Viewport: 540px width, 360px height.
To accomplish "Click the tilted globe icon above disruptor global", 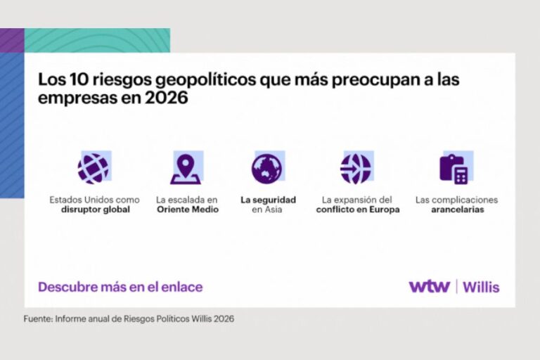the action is (94, 169).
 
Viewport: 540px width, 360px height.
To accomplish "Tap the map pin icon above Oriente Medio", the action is (186, 169).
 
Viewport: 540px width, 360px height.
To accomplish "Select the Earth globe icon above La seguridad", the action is (266, 169).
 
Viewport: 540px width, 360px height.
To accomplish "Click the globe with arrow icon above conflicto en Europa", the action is (356, 169).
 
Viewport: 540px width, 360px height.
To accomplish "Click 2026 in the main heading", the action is (167, 98).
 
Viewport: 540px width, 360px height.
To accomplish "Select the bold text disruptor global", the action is (96, 210).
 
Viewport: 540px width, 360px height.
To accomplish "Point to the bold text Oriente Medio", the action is (188, 210).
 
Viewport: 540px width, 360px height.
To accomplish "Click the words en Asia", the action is (267, 210).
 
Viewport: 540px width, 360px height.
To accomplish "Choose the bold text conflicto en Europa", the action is (358, 210).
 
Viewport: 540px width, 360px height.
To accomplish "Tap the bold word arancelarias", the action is (457, 210).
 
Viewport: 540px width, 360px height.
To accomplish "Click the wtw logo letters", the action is (430, 287).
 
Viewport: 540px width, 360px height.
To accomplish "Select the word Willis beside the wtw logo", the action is (481, 287).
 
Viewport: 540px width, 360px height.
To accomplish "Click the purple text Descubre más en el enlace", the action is (120, 287).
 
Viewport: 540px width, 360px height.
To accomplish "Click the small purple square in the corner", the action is (12, 40).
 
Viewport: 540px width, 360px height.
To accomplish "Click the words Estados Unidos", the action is (82, 200).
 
